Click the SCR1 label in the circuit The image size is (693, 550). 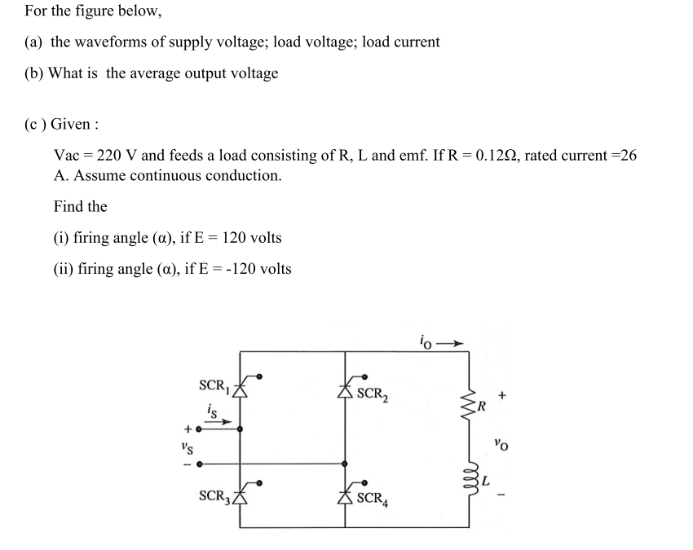[214, 385]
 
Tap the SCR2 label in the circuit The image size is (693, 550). [373, 394]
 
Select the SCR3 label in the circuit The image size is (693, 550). [214, 495]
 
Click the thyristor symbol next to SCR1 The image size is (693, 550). [241, 385]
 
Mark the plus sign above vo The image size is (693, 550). [502, 395]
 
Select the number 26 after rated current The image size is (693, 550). [628, 155]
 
